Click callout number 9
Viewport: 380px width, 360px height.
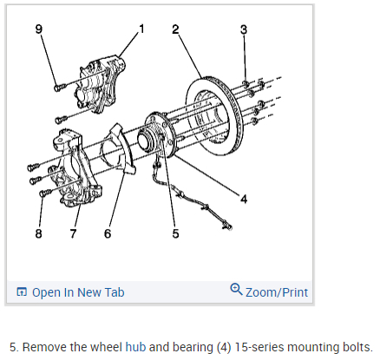(x=39, y=29)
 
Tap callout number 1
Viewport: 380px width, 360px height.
(x=141, y=29)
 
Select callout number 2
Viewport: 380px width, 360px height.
(x=175, y=29)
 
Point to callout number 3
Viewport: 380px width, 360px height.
(x=244, y=29)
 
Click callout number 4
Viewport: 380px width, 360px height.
(x=244, y=199)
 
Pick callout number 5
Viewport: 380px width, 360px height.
(x=175, y=233)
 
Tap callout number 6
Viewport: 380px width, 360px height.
(x=108, y=233)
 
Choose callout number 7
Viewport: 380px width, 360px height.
(x=73, y=233)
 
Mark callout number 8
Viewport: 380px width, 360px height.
(x=39, y=233)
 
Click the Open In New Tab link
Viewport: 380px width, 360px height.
(x=78, y=292)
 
